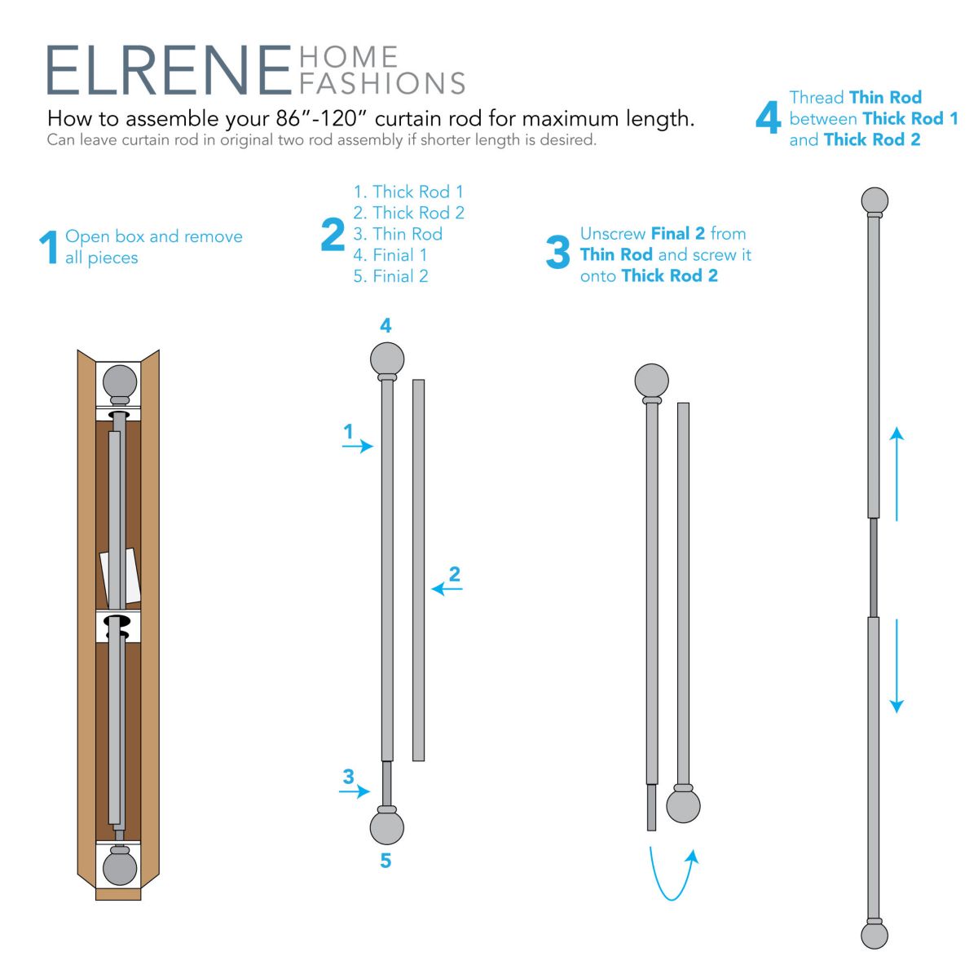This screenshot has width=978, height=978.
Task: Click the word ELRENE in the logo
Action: (x=169, y=70)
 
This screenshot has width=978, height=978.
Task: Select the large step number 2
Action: (x=333, y=235)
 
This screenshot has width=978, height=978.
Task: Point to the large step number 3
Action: (x=557, y=252)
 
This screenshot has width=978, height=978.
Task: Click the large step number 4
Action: (x=768, y=117)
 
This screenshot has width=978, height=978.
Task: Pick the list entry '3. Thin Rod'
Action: (x=398, y=234)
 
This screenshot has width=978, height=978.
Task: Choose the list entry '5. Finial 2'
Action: (x=391, y=276)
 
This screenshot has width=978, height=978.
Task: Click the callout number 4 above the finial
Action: (x=385, y=325)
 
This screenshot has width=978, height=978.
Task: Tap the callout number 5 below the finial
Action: (x=385, y=861)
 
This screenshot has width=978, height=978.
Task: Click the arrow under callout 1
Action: (x=358, y=446)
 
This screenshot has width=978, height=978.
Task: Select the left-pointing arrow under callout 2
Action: (x=447, y=588)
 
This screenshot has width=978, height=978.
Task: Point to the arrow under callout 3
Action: (x=355, y=791)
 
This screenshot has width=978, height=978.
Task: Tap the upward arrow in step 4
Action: (x=896, y=474)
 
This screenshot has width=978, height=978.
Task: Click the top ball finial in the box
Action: (x=120, y=383)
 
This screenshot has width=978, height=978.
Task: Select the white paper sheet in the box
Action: (x=121, y=576)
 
